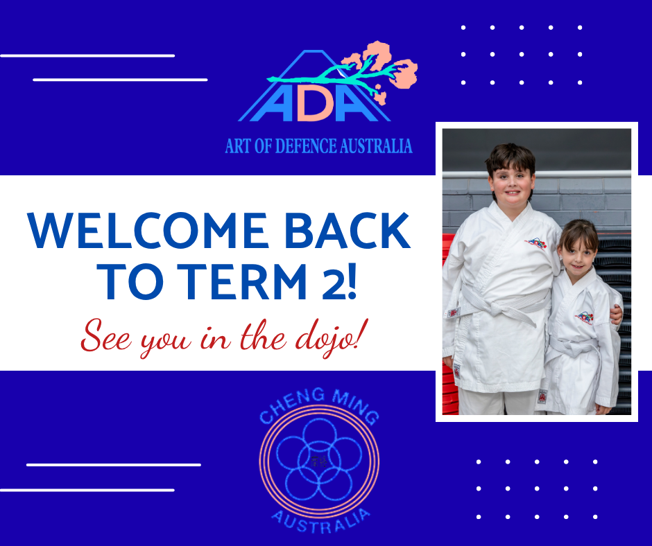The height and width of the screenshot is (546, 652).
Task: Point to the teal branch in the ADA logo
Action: pyautogui.click(x=333, y=77)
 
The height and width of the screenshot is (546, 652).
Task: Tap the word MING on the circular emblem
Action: pyautogui.click(x=356, y=407)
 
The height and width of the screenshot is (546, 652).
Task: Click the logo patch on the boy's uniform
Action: pyautogui.click(x=535, y=243)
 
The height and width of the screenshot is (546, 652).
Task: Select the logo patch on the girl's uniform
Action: pyautogui.click(x=584, y=318)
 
